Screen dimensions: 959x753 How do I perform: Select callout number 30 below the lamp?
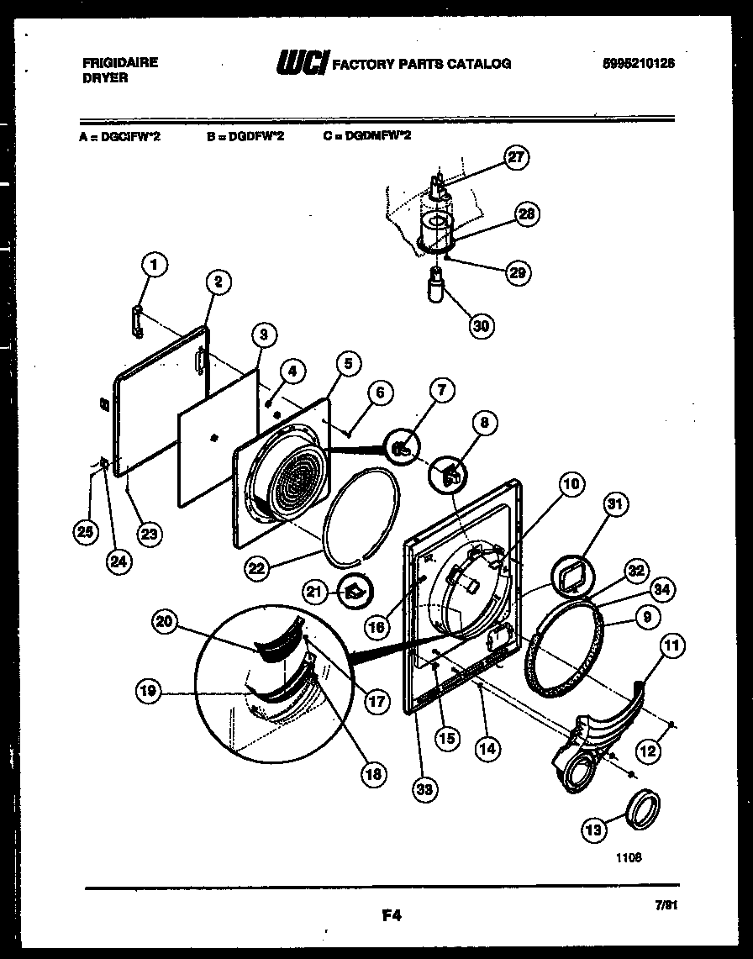(x=482, y=325)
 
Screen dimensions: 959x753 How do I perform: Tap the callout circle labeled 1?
(x=152, y=266)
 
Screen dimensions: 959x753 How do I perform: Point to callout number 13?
(x=595, y=830)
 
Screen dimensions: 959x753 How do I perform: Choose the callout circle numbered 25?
(x=82, y=531)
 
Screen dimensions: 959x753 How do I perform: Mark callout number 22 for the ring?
(x=258, y=568)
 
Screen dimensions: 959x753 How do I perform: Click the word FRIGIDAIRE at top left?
(x=120, y=63)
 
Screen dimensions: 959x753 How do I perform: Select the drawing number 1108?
(x=628, y=859)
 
